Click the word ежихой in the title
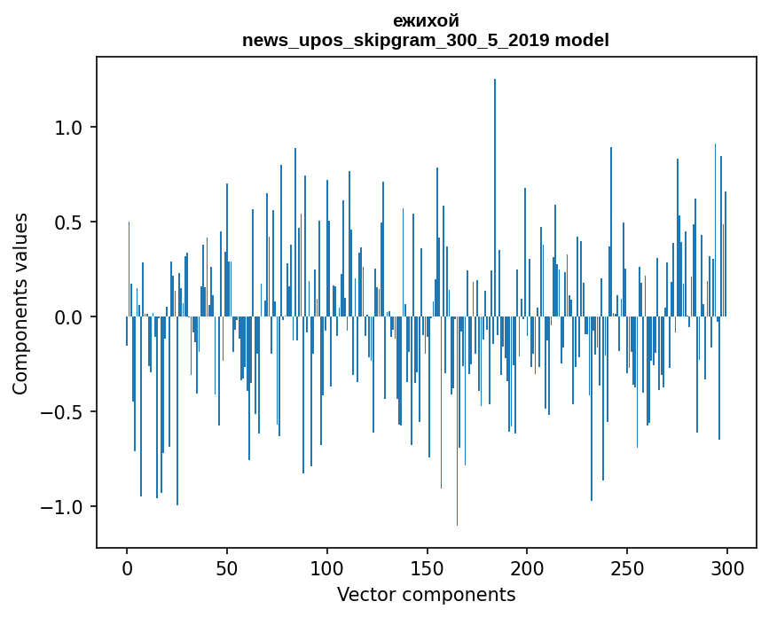426,21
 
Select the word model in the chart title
582,41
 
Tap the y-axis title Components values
20,303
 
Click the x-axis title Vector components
426,594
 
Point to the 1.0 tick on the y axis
69,128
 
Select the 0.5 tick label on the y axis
69,223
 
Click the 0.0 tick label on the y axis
69,317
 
